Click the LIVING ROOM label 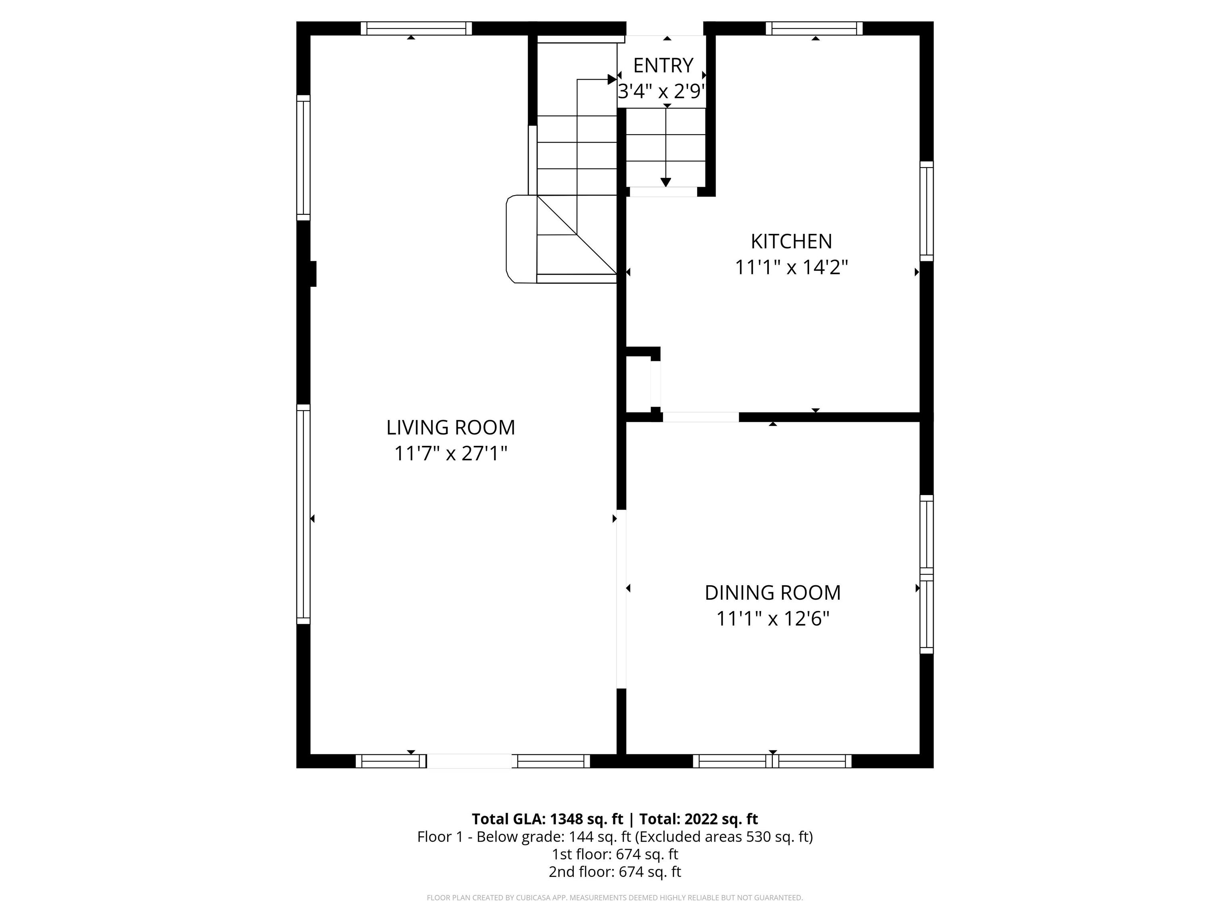click(450, 427)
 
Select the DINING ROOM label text click(772, 592)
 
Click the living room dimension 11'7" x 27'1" click(450, 453)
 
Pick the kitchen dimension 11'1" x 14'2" click(791, 268)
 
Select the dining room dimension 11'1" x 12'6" click(772, 619)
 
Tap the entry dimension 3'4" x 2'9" click(662, 91)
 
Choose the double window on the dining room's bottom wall click(772, 761)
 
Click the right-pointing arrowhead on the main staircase click(612, 79)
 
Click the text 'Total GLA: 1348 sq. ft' click(548, 819)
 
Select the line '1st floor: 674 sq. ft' click(615, 854)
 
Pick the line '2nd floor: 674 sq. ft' click(615, 872)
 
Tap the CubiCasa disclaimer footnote click(615, 897)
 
